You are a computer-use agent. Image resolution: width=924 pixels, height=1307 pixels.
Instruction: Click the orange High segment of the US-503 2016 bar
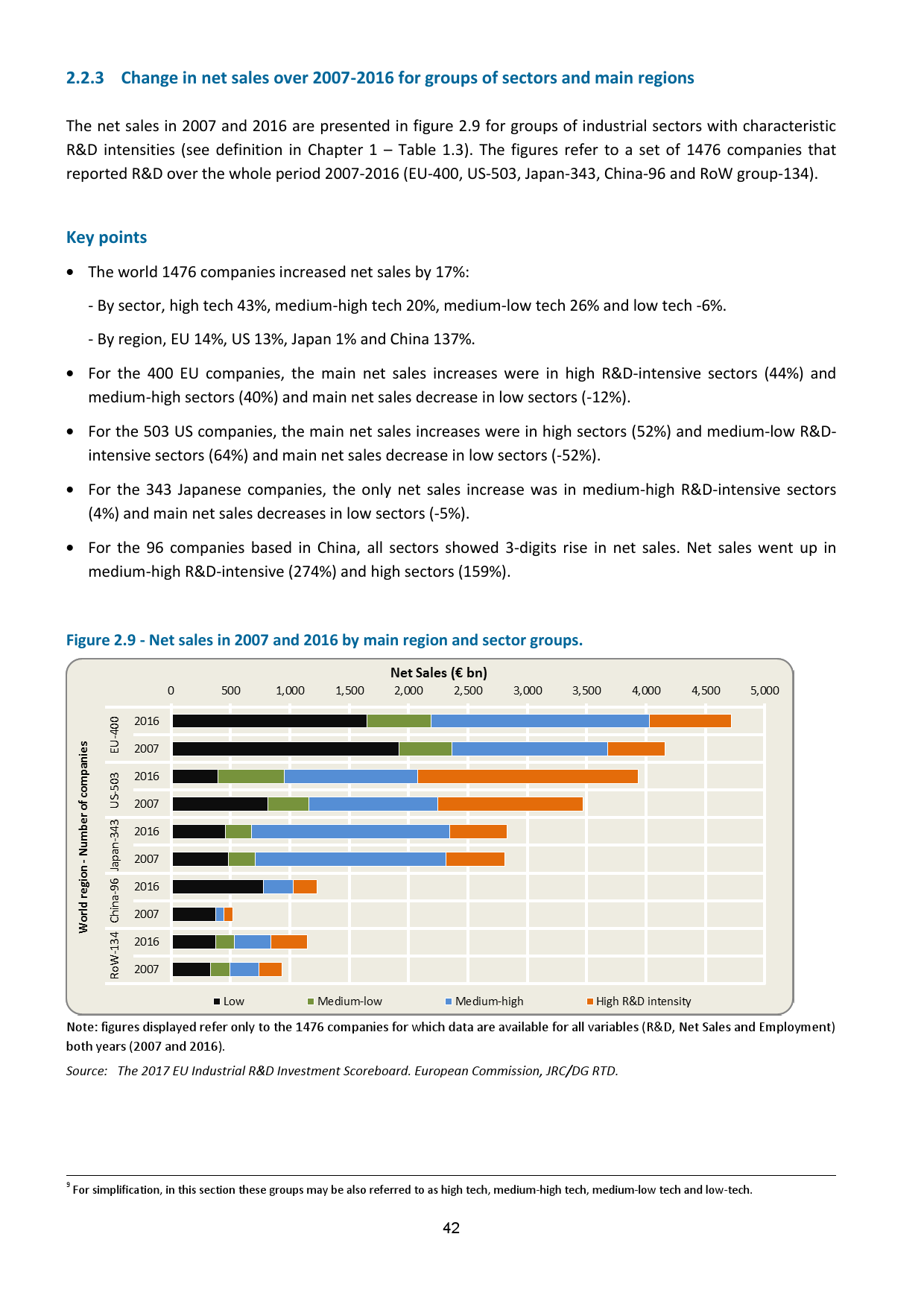coord(527,776)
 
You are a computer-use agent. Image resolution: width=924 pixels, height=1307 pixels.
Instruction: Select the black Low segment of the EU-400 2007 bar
coord(285,749)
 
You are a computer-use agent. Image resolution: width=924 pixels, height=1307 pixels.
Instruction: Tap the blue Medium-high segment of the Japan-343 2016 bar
coord(350,832)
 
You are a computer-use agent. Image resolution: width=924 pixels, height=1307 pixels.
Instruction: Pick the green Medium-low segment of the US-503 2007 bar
coord(288,804)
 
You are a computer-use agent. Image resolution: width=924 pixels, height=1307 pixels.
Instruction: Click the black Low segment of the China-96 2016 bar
coord(218,887)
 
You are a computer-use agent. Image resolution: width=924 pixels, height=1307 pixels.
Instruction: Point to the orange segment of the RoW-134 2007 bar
coord(270,969)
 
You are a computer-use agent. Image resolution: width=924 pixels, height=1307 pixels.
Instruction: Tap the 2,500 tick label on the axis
coord(468,691)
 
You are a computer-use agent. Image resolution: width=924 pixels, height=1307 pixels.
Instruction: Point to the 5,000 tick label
coord(765,691)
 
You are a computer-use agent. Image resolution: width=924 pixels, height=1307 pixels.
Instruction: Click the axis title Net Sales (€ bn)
coord(439,673)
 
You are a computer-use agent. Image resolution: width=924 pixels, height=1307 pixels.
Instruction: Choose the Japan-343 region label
coord(115,845)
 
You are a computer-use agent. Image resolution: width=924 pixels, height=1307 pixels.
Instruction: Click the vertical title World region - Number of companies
coord(83,837)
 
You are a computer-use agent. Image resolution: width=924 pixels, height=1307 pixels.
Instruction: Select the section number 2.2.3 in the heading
coord(85,78)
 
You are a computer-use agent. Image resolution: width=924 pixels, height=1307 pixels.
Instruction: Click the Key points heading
coord(107,238)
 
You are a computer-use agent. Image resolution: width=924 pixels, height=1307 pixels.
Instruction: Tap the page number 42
coord(451,1228)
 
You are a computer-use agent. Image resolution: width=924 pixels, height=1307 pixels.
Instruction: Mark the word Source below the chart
coord(86,1071)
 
